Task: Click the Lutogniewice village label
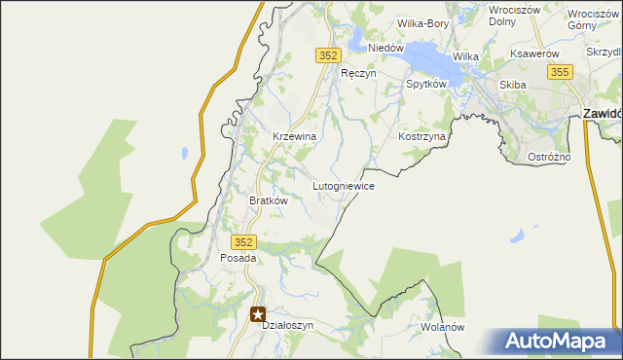[x=344, y=185]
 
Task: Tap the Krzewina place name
[x=294, y=137]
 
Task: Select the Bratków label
[x=269, y=200]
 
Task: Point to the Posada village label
[x=238, y=259]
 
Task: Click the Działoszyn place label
[x=287, y=326]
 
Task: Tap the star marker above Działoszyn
[x=258, y=313]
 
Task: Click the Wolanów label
[x=442, y=327]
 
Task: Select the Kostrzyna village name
[x=421, y=137]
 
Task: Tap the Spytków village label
[x=425, y=85]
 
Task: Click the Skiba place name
[x=513, y=85]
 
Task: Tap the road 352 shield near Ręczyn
[x=327, y=56]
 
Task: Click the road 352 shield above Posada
[x=243, y=241]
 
